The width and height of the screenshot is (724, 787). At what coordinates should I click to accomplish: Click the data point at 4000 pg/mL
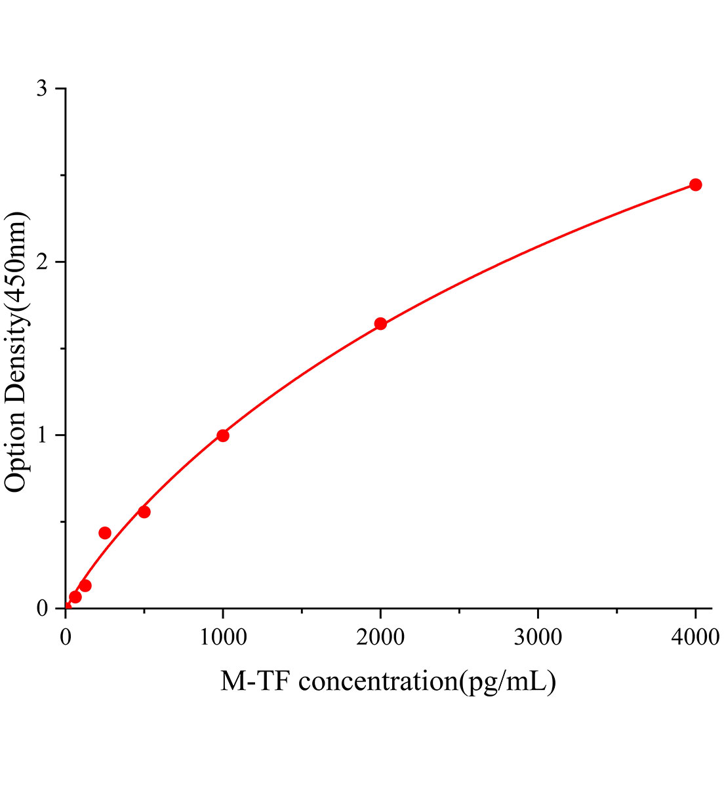coord(695,185)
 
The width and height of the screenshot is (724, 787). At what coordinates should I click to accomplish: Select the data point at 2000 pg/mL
coord(380,323)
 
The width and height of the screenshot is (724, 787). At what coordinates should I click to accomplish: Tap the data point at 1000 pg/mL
coord(223,435)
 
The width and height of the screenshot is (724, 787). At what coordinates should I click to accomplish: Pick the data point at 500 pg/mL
coord(144,512)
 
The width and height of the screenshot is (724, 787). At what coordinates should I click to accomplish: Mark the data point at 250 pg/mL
coord(105,533)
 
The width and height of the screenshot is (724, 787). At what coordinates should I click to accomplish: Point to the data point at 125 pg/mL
coord(85,586)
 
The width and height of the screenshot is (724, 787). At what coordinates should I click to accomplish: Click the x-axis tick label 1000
coord(223,637)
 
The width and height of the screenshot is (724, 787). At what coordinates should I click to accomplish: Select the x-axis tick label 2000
coord(380,637)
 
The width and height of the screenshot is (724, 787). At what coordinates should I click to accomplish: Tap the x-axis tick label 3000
coord(538,637)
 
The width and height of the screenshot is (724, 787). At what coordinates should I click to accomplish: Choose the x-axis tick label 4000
coord(695,637)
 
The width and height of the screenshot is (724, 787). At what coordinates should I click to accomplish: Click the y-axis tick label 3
coord(42,89)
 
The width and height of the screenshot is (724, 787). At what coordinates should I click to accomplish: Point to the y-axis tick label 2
coord(42,262)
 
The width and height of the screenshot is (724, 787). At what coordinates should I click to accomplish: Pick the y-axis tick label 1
coord(42,435)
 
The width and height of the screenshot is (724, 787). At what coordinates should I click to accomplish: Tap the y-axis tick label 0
coord(42,608)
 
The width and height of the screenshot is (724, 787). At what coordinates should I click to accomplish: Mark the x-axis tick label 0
coord(66,637)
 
